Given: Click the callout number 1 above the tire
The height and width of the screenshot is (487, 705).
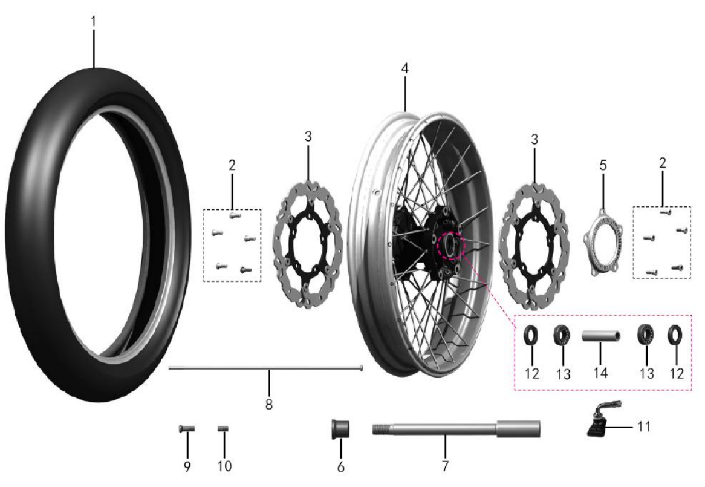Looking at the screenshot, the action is (x=94, y=22).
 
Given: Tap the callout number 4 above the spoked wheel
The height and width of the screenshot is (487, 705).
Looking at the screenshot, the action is (x=404, y=69).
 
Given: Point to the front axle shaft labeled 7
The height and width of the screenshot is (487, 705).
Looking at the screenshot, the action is (x=456, y=429).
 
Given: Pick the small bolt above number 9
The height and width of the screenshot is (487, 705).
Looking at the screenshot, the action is (x=187, y=428).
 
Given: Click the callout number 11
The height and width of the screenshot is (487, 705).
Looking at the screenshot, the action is (x=644, y=427).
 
